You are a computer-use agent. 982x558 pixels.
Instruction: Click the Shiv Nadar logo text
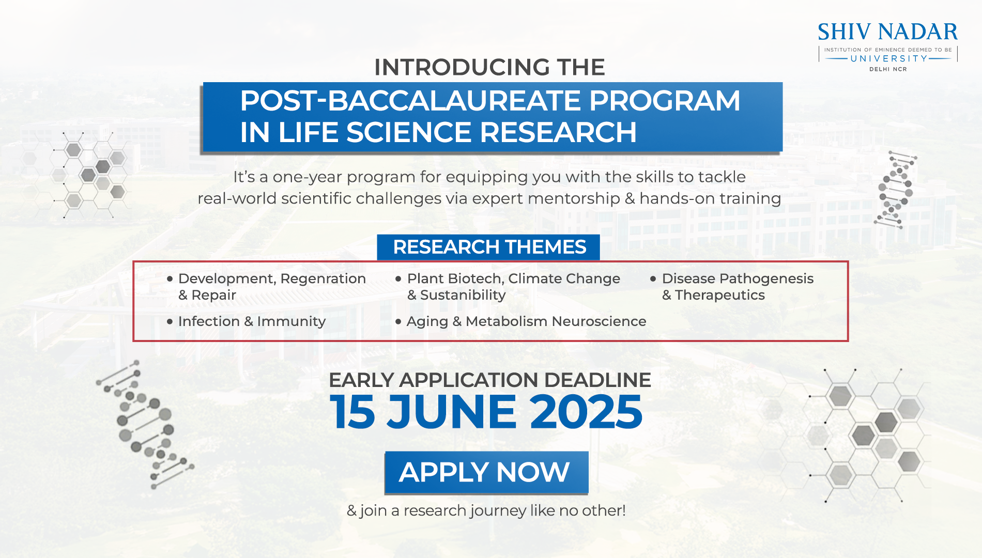coord(887,32)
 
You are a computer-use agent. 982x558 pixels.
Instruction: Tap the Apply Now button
coord(486,472)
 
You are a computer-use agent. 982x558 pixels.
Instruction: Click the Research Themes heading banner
coord(488,247)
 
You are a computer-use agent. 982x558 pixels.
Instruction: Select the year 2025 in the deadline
coord(586,412)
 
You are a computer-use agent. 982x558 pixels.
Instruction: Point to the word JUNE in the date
coord(451,412)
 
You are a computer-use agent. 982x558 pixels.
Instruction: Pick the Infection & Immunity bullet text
coord(252,321)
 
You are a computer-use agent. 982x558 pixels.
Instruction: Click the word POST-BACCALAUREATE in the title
coord(411,100)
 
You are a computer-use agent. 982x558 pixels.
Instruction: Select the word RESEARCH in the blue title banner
coord(558,132)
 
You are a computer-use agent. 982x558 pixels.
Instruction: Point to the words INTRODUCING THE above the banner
coord(489,67)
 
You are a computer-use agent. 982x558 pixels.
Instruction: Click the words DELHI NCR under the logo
coord(888,69)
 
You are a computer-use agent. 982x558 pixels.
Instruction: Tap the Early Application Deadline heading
coord(490,380)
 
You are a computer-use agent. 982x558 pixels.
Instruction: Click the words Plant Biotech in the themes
coord(454,278)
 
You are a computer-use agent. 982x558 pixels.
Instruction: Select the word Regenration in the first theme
coord(323,279)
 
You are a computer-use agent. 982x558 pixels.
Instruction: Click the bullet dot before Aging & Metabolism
coord(398,321)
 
